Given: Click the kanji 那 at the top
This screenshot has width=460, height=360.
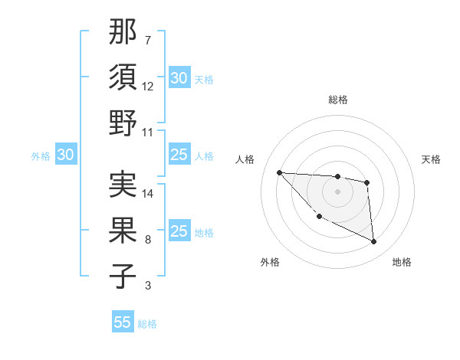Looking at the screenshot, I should pos(123,32).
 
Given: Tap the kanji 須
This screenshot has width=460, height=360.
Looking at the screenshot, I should pos(123,77).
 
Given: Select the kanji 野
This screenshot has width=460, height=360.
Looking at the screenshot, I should pos(123,123).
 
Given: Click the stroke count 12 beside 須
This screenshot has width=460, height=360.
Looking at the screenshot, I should pos(148,87).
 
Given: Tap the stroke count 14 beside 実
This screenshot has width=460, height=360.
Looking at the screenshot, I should pos(148,194).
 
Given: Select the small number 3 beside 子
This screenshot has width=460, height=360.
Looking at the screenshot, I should pos(148,286).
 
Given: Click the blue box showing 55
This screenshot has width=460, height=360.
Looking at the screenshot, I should pos(123,322).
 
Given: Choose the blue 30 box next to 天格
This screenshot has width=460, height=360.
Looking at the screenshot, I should pos(179,78).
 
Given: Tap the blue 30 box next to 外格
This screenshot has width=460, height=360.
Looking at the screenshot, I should pos(65,155).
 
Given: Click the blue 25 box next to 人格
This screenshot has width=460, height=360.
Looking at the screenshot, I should pos(179,155).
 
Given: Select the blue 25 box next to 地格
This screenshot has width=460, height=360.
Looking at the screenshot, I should pos(179,232).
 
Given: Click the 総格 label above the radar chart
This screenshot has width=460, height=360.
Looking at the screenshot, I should pos(337,100).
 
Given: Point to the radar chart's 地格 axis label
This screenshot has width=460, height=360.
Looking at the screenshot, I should pos(402,263).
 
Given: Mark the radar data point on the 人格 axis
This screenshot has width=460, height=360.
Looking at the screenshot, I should pos(280,172).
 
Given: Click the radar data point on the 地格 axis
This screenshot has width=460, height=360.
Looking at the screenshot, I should pos(374,242).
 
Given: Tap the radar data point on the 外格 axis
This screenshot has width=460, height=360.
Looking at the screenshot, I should pos(319,217).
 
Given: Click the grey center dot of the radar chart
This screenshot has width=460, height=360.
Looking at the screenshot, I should pos(337,191).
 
